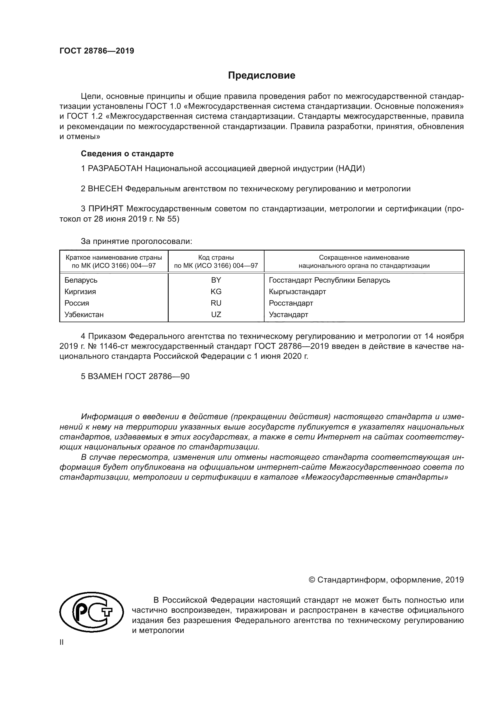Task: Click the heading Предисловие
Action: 261,76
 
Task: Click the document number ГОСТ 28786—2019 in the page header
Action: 97,51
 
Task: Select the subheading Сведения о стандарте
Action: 127,153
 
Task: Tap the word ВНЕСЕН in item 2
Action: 105,189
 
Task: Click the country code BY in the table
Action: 216,280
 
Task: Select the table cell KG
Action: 216,291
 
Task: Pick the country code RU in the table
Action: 216,303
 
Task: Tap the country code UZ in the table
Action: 216,314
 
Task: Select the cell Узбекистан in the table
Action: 84,314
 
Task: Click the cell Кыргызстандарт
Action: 297,291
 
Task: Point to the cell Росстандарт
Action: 291,303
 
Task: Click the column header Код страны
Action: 216,258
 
